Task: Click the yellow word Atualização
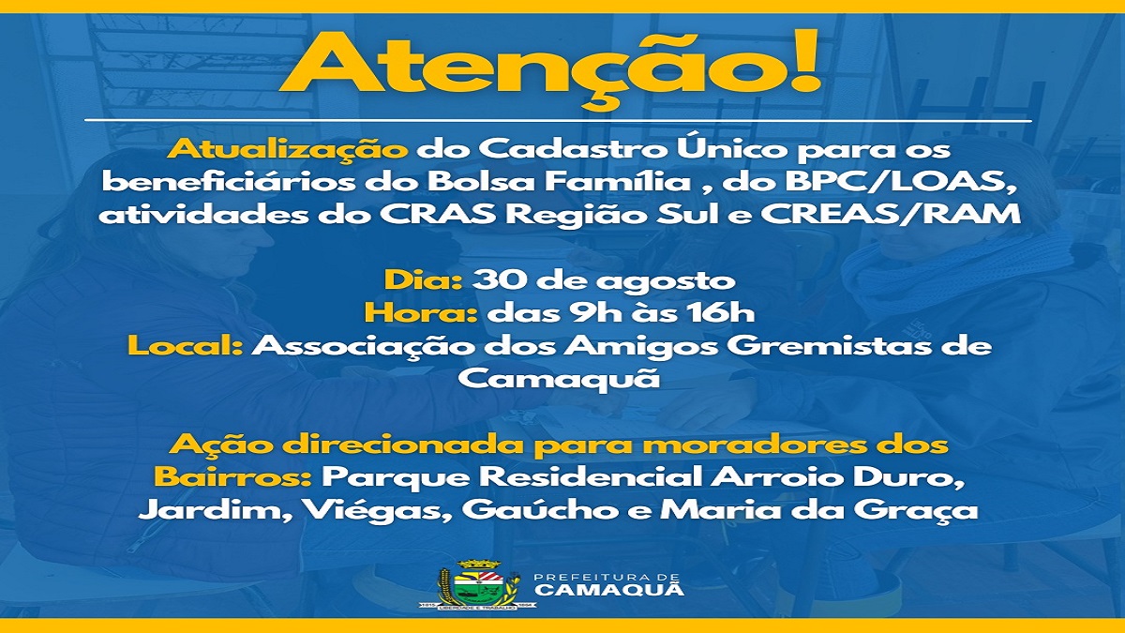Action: [x=288, y=150]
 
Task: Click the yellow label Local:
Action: [x=187, y=346]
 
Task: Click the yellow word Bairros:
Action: [x=232, y=475]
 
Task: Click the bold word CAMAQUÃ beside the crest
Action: [x=609, y=590]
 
